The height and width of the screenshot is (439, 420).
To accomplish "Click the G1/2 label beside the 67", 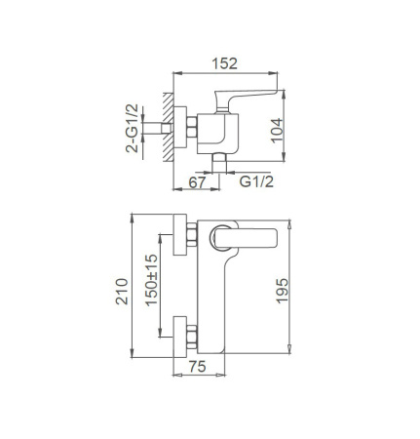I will pos(254,182).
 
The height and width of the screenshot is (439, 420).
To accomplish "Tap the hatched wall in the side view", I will pos(169,129).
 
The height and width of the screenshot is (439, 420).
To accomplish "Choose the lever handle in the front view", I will pos(254,237).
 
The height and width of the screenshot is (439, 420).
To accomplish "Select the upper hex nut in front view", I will pos(193,235).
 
